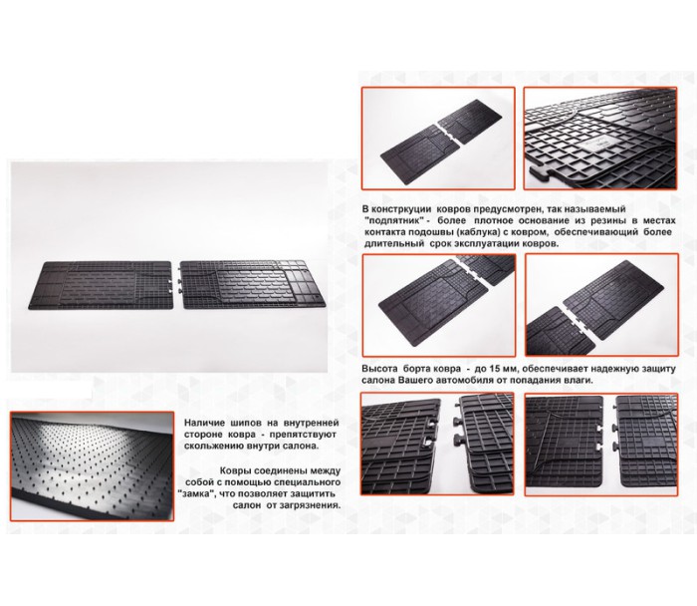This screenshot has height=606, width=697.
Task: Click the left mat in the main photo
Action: [101, 285]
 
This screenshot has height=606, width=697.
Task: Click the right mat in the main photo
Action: [252, 285]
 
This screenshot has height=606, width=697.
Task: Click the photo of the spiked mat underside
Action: [92, 465]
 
